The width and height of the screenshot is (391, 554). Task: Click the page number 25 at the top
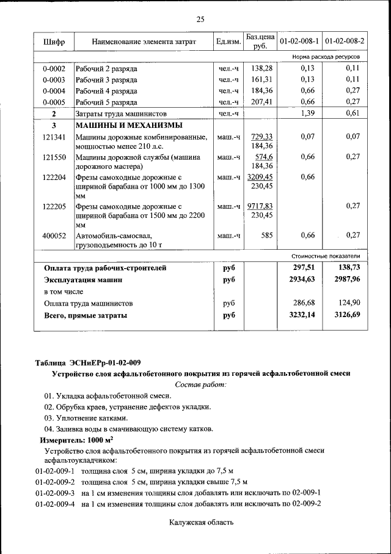200,20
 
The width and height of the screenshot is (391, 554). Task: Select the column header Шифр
54,42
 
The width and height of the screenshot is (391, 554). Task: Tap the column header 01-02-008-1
299,42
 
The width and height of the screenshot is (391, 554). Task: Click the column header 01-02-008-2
345,42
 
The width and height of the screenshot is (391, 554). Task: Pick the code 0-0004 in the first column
54,91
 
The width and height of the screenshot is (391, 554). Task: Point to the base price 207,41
261,102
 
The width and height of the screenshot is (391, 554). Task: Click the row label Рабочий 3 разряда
106,80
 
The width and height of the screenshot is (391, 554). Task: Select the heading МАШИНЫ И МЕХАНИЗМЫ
120,125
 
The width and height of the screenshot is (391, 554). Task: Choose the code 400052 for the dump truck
54,235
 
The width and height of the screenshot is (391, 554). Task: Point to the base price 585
266,235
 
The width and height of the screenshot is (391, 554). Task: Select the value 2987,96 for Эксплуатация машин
347,279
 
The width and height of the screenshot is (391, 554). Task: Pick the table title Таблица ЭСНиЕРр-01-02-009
88,363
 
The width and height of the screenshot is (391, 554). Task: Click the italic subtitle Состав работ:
200,384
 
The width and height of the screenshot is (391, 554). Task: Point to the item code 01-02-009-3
55,492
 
